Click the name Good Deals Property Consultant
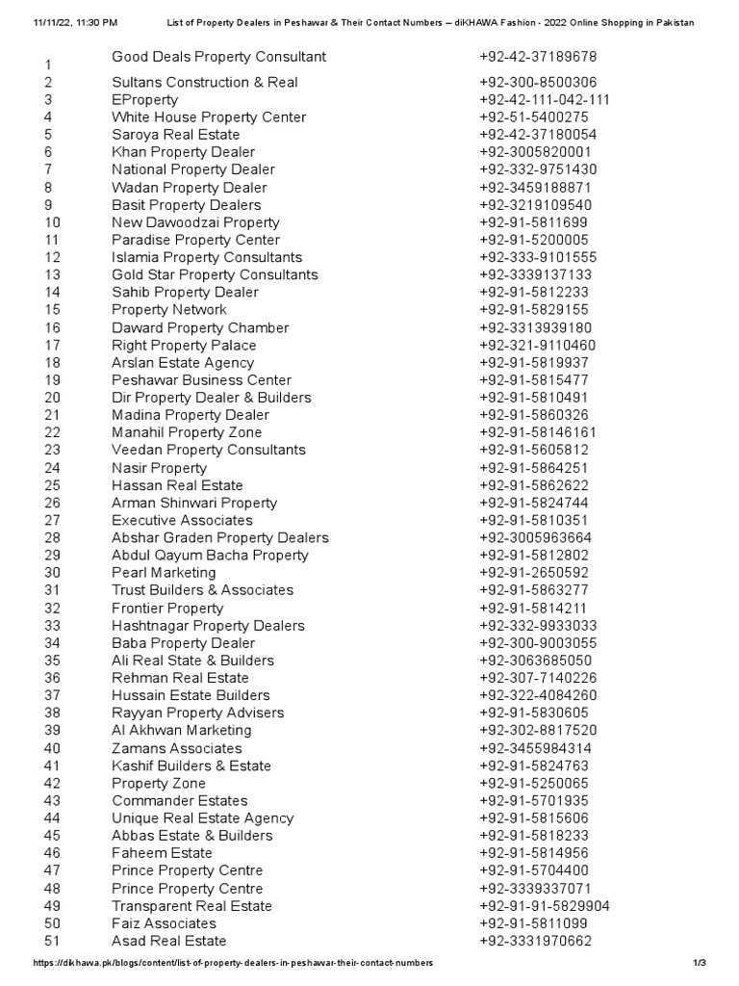[218, 57]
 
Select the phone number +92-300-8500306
[537, 83]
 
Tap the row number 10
[52, 222]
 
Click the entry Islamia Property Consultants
[206, 257]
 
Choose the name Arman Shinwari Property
[193, 503]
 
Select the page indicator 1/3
[699, 963]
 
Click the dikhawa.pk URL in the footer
[233, 963]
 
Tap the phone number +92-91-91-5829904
[544, 906]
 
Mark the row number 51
[52, 942]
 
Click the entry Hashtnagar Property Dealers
[208, 626]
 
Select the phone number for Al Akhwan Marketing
[537, 731]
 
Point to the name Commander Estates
[179, 801]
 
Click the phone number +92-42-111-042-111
[544, 100]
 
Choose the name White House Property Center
[209, 117]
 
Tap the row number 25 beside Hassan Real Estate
[52, 486]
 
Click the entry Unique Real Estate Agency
[202, 818]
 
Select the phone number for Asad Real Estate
[535, 941]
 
